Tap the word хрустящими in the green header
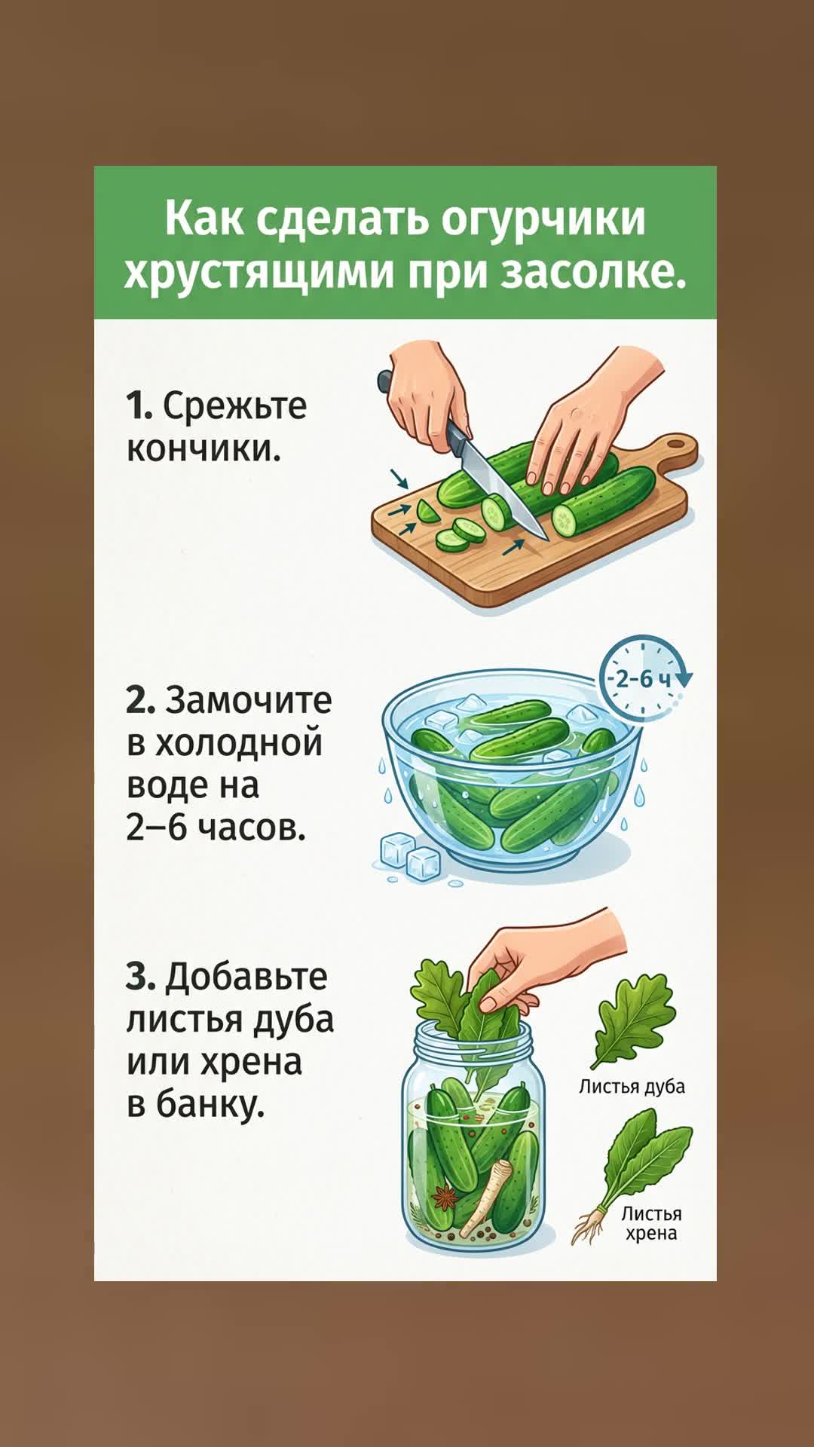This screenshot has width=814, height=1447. click(259, 273)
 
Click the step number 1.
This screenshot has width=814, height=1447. click(139, 406)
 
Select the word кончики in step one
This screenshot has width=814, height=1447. click(202, 449)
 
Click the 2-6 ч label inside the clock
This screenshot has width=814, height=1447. click(641, 679)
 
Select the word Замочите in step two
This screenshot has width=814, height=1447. click(248, 700)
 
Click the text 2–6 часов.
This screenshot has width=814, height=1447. click(216, 828)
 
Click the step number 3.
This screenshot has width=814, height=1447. click(140, 977)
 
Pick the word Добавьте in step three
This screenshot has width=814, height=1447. click(246, 977)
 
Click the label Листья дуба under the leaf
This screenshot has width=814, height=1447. click(632, 1086)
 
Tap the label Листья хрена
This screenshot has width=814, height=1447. click(651, 1223)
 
